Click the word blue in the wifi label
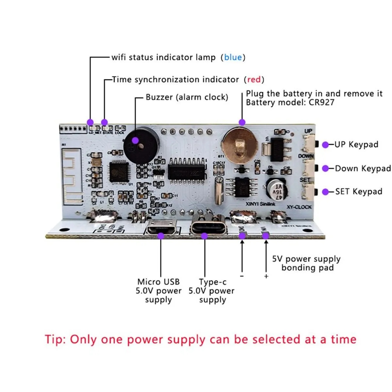[233, 57]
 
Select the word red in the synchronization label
[254, 79]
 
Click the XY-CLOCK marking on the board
[299, 207]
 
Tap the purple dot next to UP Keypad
[325, 145]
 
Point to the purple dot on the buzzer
[135, 140]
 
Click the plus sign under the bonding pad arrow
[266, 276]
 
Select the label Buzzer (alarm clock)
[187, 97]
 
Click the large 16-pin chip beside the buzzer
[187, 170]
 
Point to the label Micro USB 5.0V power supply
[158, 291]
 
